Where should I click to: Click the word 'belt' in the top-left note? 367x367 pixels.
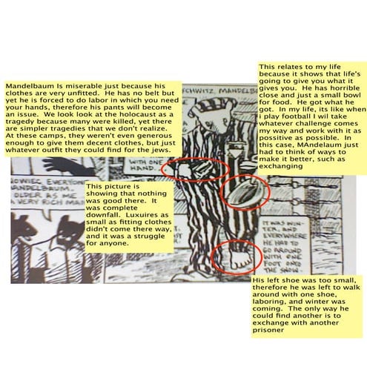pyautogui.click(x=116, y=95)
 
